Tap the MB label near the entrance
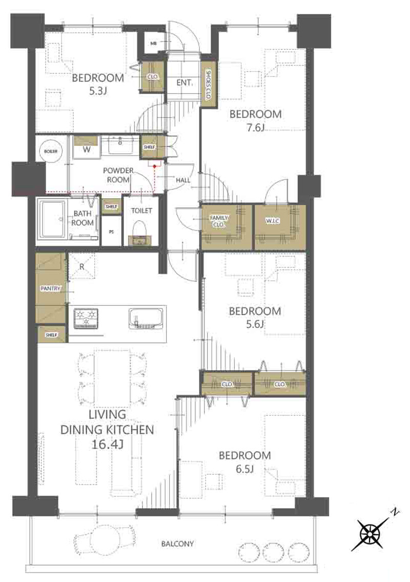(x=153, y=44)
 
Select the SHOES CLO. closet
(x=208, y=84)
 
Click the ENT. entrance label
(x=184, y=83)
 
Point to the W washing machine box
(x=87, y=147)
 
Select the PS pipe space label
(x=111, y=232)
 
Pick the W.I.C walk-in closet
(x=280, y=227)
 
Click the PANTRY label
(x=50, y=288)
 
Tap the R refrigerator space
(x=82, y=266)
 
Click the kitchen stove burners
(x=86, y=319)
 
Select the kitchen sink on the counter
(x=146, y=319)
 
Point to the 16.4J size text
(x=107, y=444)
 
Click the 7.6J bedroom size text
(x=255, y=128)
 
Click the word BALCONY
(x=177, y=544)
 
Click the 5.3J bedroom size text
(x=98, y=91)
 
